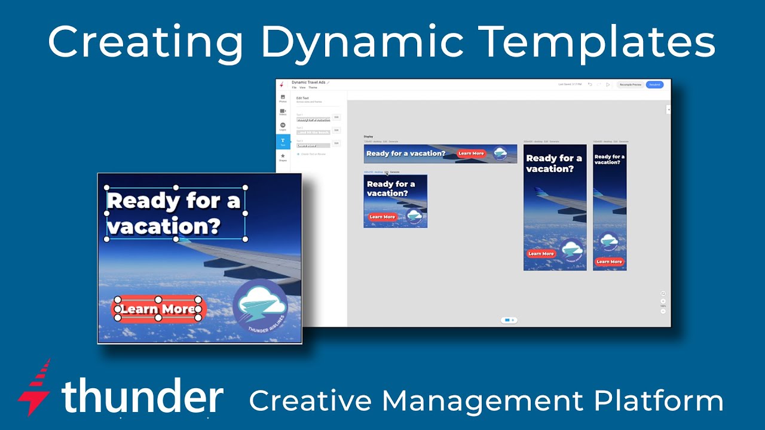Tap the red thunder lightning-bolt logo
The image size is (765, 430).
coord(35,386)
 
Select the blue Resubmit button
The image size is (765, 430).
coord(654,85)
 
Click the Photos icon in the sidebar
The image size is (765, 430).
coord(283,99)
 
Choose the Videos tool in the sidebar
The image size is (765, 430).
coord(283,112)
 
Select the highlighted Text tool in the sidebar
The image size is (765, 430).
coord(283,142)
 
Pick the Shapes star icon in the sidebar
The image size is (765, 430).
coord(283,157)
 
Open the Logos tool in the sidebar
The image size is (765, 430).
coord(283,127)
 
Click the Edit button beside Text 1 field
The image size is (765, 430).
coord(336,117)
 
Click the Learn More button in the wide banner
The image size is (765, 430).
coord(471,153)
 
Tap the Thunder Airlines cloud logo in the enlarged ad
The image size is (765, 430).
coord(261,306)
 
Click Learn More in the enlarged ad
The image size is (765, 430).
coord(158,309)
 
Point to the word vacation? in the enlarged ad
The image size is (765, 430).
coord(164,226)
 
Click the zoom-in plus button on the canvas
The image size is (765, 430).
coord(663,301)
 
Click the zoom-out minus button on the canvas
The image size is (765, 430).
coord(663,311)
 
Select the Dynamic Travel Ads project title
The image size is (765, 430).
coord(308,82)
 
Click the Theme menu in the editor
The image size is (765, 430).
coord(313,88)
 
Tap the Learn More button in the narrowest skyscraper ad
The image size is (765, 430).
coord(609,262)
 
